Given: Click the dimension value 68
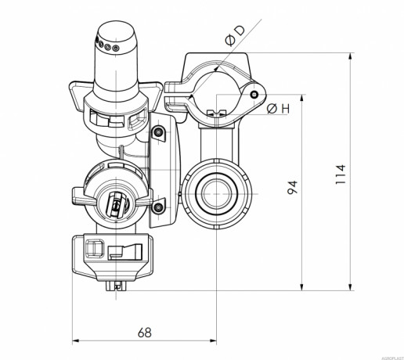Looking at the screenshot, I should click(x=144, y=332).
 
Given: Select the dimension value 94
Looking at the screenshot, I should click(x=292, y=187).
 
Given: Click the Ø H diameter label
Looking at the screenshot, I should click(x=278, y=109).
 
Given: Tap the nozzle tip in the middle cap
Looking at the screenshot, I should click(x=116, y=205).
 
